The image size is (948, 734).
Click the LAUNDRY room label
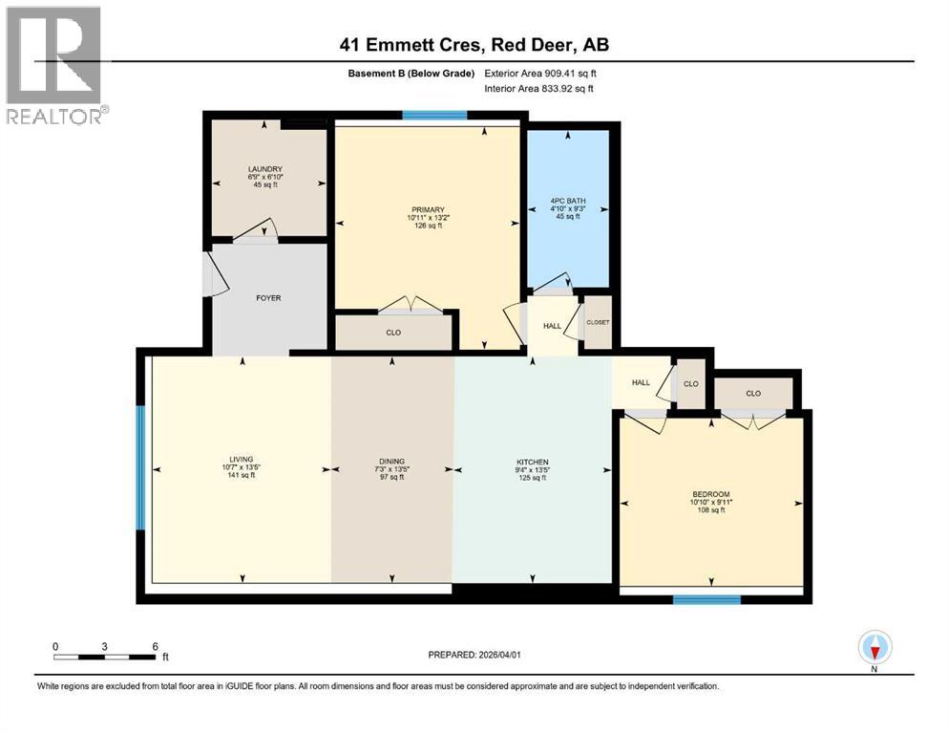[264, 169]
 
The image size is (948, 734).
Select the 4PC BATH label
[568, 202]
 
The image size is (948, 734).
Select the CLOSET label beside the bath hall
[598, 322]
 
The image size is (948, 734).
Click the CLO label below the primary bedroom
[393, 334]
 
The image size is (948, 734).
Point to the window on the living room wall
[140, 467]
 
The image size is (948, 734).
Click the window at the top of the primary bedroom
[434, 116]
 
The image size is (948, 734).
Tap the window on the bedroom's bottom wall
[706, 600]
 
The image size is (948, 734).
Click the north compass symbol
[874, 648]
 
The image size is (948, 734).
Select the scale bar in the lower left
[105, 657]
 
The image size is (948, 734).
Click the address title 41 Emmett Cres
[474, 44]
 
